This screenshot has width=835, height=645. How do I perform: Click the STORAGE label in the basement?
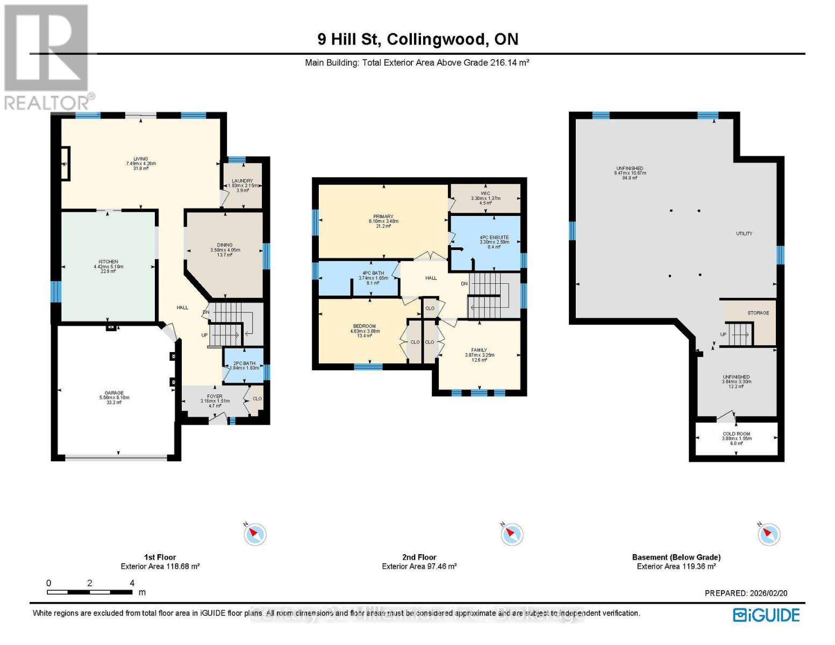point(758,313)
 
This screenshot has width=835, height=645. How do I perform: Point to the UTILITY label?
point(744,234)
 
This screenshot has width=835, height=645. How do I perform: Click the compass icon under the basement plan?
point(769,534)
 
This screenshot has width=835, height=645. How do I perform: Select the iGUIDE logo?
point(766,615)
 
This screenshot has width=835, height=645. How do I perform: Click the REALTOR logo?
point(47,56)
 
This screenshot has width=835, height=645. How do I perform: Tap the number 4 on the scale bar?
point(132,583)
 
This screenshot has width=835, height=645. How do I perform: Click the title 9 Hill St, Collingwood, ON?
point(418,39)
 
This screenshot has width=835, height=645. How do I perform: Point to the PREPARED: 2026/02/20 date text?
point(746,593)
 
